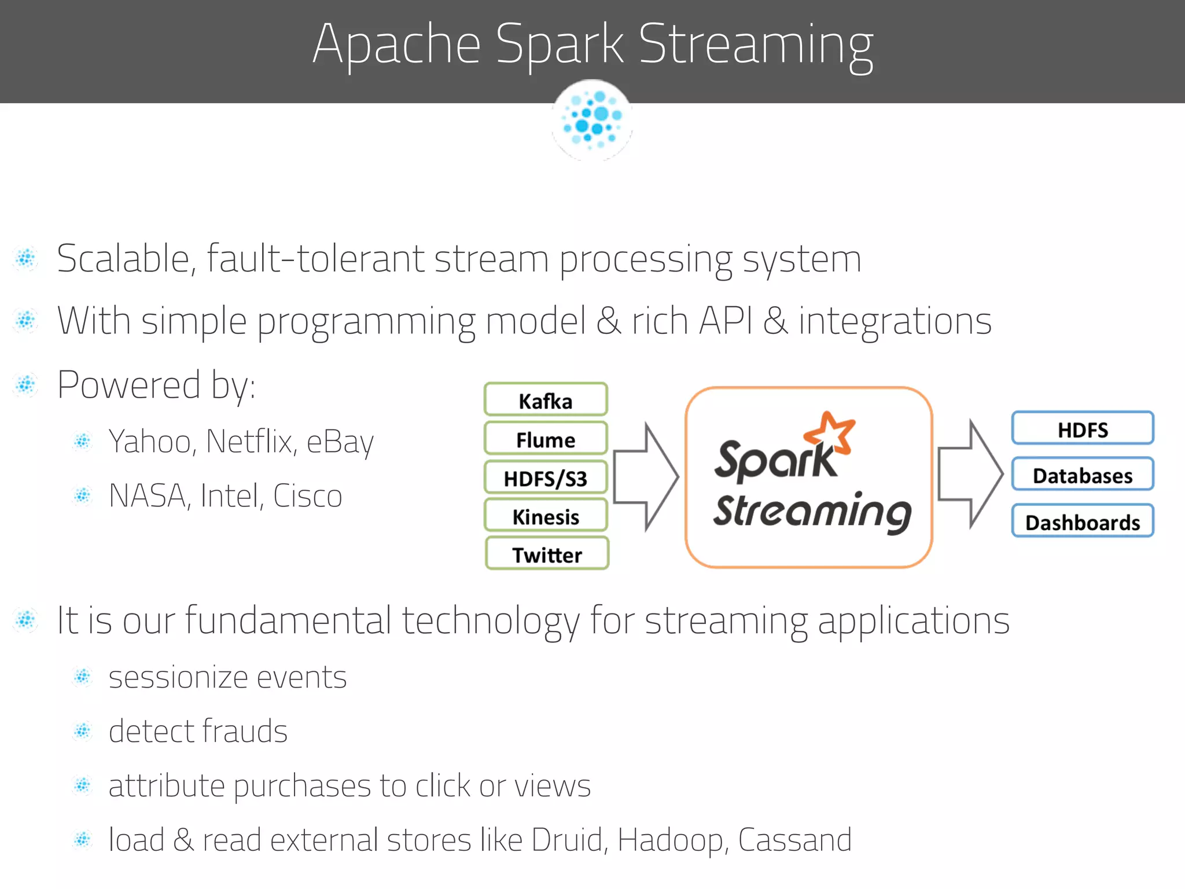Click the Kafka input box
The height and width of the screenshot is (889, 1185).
(x=546, y=399)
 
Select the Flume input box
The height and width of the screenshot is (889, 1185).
(x=546, y=439)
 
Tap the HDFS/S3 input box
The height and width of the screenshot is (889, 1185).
(x=546, y=477)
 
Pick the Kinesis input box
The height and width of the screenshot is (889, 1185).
(x=546, y=516)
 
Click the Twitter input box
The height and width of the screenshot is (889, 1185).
(x=547, y=554)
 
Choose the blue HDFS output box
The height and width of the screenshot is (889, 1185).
(x=1082, y=429)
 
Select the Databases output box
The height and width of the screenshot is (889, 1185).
(x=1082, y=475)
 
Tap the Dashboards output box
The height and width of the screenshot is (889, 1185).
(x=1082, y=521)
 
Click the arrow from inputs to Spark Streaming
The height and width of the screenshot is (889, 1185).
(x=645, y=476)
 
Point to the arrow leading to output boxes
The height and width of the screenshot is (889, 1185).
(x=970, y=474)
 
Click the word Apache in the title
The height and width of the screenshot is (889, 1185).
(x=396, y=45)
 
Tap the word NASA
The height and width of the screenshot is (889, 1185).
(x=148, y=496)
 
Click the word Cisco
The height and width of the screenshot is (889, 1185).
(x=307, y=496)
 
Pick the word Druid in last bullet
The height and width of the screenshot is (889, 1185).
(x=569, y=840)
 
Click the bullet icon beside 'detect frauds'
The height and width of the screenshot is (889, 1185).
(x=83, y=732)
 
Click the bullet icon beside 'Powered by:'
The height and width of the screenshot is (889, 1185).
(x=26, y=384)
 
